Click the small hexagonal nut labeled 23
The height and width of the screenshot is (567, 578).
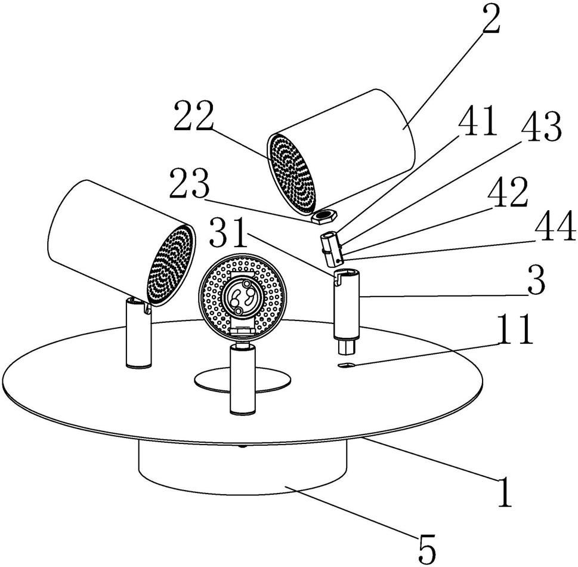pyautogui.click(x=323, y=216)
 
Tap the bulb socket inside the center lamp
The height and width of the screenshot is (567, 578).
pyautogui.click(x=243, y=297)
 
